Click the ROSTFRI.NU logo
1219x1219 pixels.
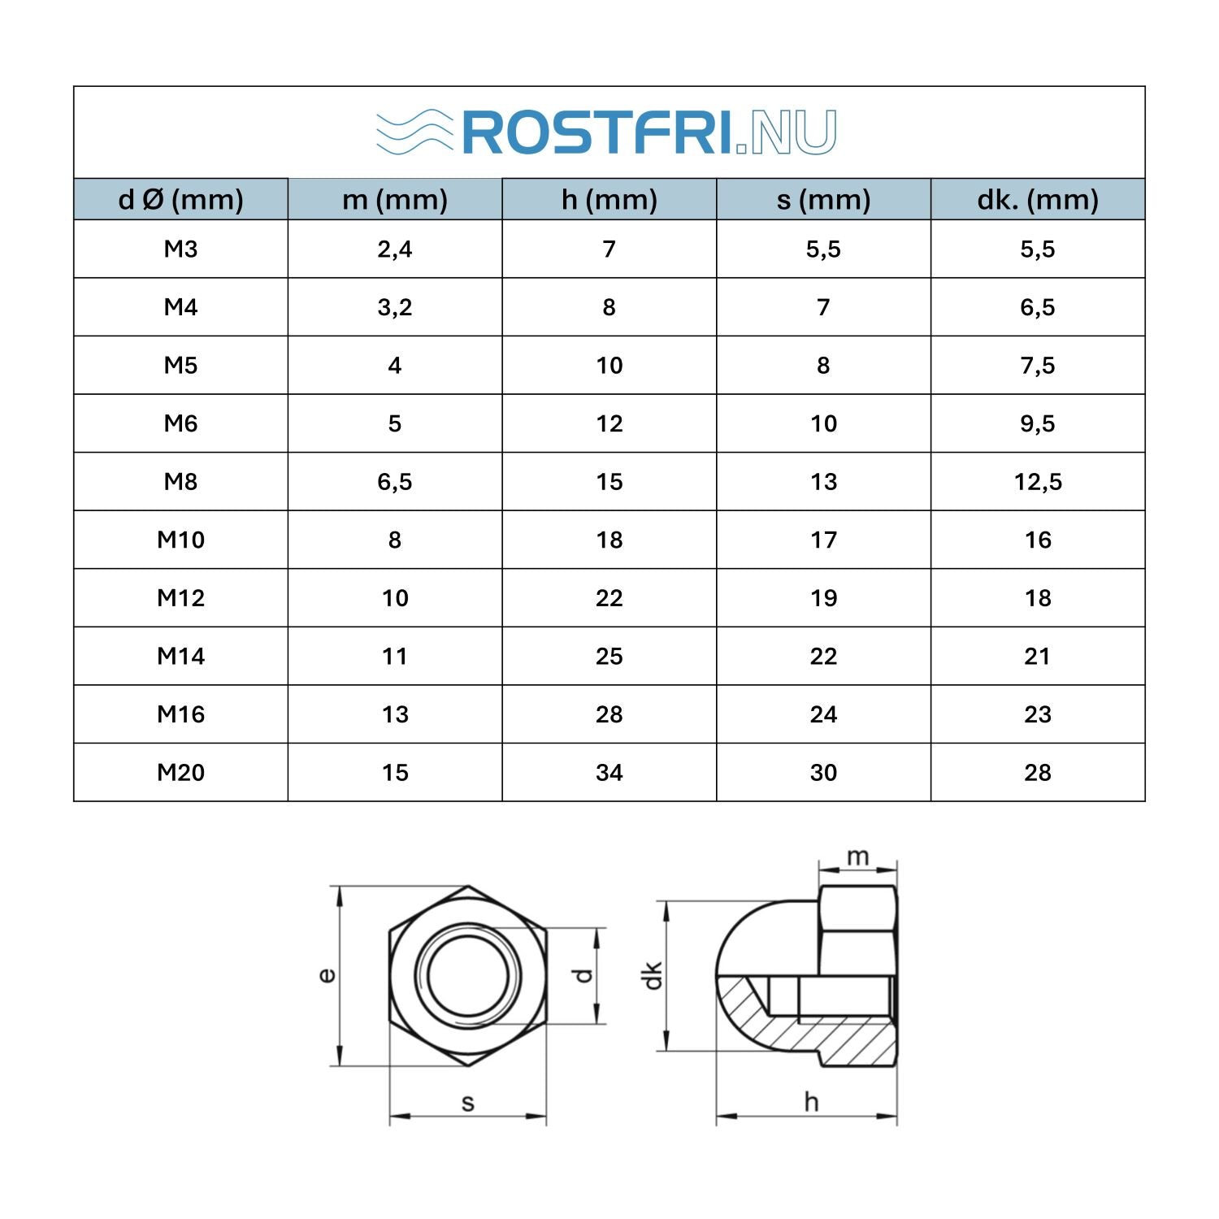point(606,132)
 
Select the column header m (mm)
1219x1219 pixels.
point(395,199)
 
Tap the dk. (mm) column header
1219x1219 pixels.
point(1038,199)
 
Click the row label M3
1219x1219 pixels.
point(180,249)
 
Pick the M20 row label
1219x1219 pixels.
point(180,772)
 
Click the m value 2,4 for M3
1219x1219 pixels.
point(395,249)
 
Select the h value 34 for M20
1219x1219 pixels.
point(609,772)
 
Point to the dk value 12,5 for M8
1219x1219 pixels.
point(1038,482)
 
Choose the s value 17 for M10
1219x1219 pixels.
point(823,540)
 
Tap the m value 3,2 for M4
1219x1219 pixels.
point(395,307)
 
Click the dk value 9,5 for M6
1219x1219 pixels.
point(1038,423)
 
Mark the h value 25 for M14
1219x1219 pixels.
point(609,656)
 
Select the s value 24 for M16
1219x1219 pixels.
point(823,714)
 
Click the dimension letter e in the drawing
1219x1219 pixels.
point(327,975)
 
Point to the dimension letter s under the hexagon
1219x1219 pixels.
point(468,1103)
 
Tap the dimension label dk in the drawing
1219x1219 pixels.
point(653,975)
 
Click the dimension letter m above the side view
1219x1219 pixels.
point(858,857)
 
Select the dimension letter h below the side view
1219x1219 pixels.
point(811,1102)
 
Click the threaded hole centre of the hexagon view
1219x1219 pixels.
point(468,975)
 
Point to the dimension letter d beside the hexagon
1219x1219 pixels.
point(583,975)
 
